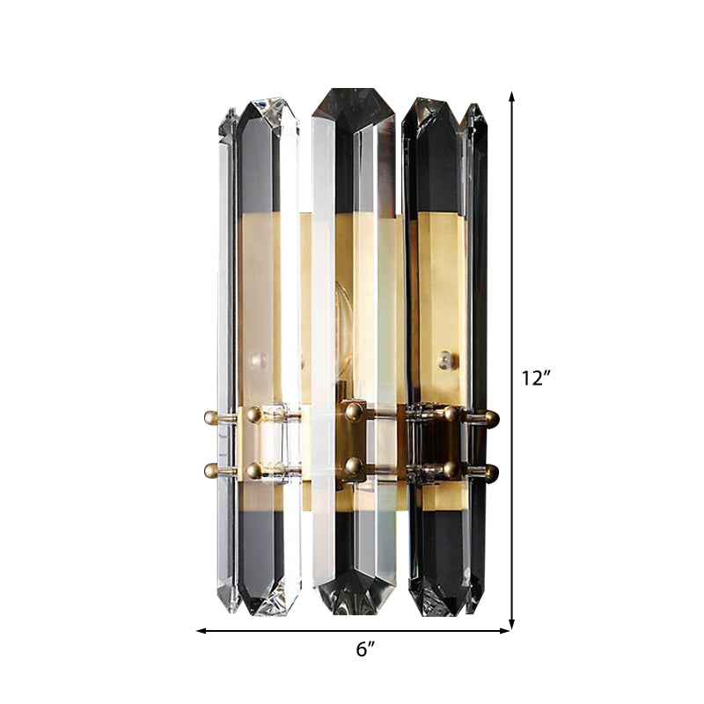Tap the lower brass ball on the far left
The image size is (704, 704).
click(x=211, y=471)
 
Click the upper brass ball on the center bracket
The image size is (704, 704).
click(x=355, y=410)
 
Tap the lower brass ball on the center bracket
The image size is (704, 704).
click(x=355, y=466)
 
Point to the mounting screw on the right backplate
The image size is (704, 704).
click(x=445, y=359)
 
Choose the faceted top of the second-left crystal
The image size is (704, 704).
click(x=268, y=114)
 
